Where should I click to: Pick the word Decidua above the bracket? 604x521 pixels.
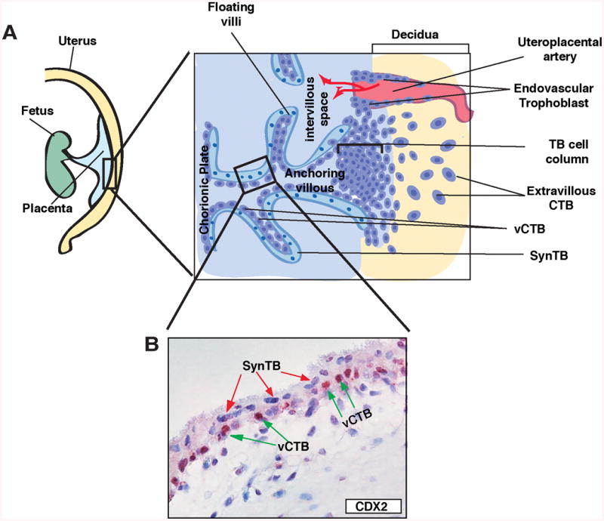click(419, 34)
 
